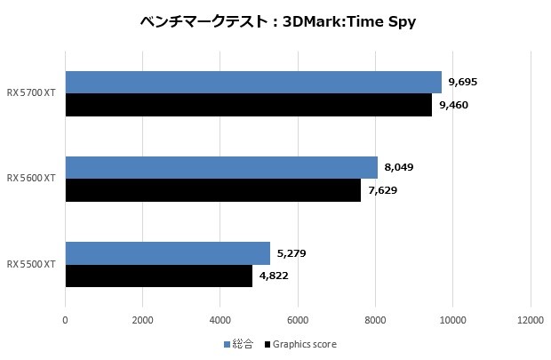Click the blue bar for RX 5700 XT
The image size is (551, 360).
tap(253, 82)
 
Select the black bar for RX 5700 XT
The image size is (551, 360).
tap(248, 105)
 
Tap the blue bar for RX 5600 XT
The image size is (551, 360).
tap(221, 167)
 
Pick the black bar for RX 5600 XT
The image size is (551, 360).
tap(213, 190)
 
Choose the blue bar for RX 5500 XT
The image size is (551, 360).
tap(167, 253)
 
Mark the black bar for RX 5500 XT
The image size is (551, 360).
tap(158, 276)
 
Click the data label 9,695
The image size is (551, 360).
tap(464, 82)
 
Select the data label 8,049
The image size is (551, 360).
tap(399, 167)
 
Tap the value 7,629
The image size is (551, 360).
tap(383, 190)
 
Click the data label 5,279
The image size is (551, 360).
tap(291, 253)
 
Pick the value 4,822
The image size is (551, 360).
tap(274, 276)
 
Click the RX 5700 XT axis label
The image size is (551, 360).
tap(31, 93)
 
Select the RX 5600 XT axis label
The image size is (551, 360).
tap(31, 179)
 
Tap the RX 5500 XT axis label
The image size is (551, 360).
tap(31, 264)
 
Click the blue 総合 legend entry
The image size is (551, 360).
tap(238, 344)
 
